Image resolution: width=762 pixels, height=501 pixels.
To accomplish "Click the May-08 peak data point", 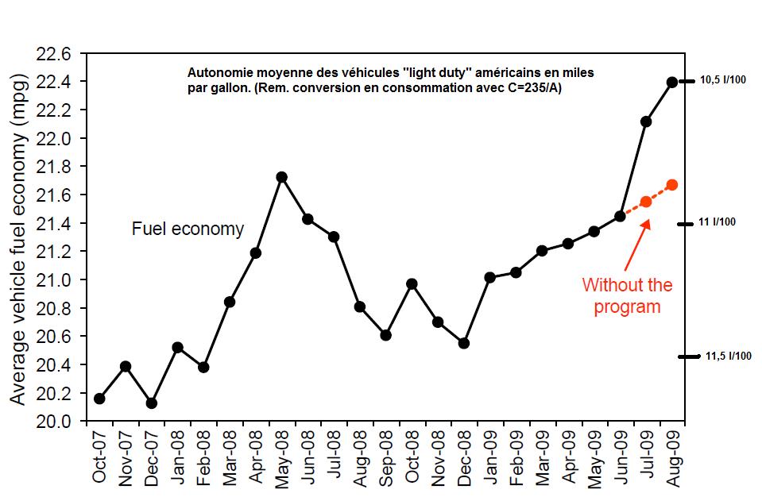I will pos(281,177).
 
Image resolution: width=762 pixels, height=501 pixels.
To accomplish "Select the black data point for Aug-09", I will pos(671,82).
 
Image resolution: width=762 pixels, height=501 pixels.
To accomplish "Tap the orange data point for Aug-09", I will pos(671,185).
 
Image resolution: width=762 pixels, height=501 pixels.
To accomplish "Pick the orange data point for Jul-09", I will pos(646,202).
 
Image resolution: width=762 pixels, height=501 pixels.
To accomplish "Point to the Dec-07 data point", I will pos(151,403).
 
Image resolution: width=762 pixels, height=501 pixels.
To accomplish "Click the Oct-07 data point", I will pos(99,399).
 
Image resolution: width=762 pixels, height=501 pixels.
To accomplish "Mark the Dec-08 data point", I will pos(464,343).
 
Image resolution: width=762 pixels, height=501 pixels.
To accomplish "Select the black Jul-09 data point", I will pos(646,121).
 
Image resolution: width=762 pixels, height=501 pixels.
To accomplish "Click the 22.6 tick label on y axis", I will pos(54,54).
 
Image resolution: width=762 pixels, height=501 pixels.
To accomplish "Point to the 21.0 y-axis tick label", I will pos(54,280).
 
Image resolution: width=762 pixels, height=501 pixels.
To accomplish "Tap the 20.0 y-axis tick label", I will pos(54,421).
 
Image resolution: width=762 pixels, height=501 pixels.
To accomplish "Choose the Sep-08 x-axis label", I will pos(386,457).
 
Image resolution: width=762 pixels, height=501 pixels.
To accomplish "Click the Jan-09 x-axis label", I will pos(490,457).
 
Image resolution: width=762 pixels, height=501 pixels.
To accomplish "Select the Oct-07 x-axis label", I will pos(99,457).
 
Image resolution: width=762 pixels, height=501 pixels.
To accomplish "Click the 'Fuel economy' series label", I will pos(188,229).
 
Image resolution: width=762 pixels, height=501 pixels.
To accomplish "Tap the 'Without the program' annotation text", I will pos(627,295).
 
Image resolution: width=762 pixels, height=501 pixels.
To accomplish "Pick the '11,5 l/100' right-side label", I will pos(728,356).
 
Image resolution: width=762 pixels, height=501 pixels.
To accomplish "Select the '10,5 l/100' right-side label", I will pos(722,81).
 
